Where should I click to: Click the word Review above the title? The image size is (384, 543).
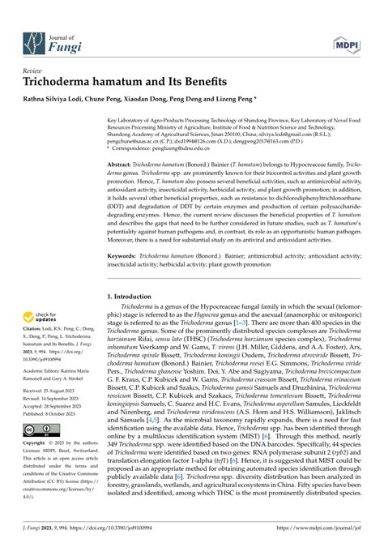(34, 71)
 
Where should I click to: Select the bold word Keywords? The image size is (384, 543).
(124, 255)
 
